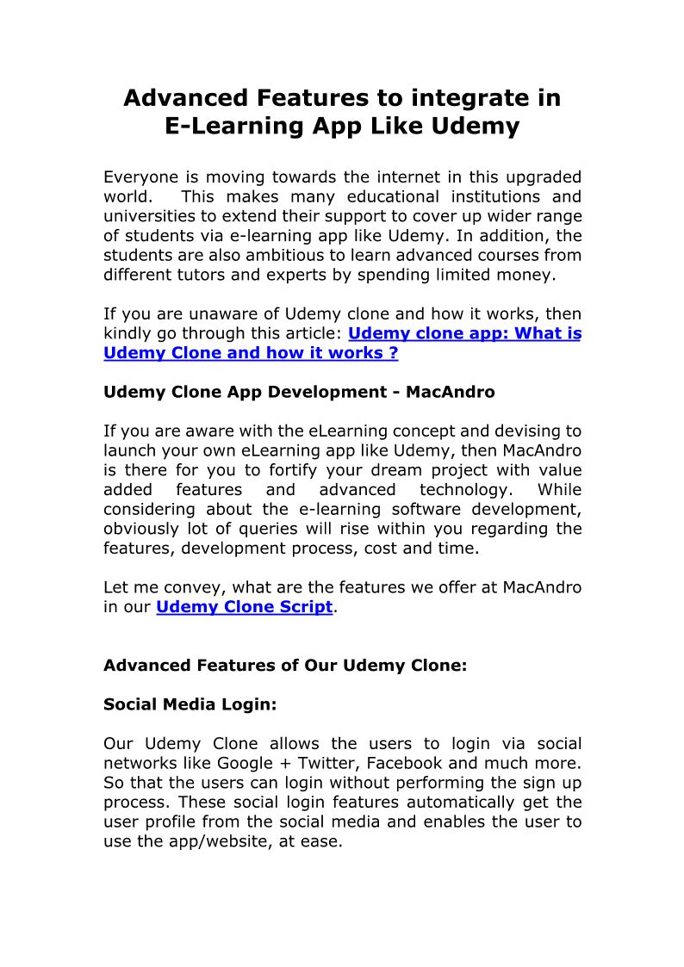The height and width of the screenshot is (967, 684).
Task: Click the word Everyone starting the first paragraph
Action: click(139, 177)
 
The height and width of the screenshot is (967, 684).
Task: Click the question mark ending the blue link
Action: click(393, 353)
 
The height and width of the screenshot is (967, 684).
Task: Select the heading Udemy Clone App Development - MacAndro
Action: click(299, 392)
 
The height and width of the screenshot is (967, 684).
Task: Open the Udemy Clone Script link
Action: click(244, 607)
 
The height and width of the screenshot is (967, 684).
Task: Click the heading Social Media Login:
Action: click(190, 704)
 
